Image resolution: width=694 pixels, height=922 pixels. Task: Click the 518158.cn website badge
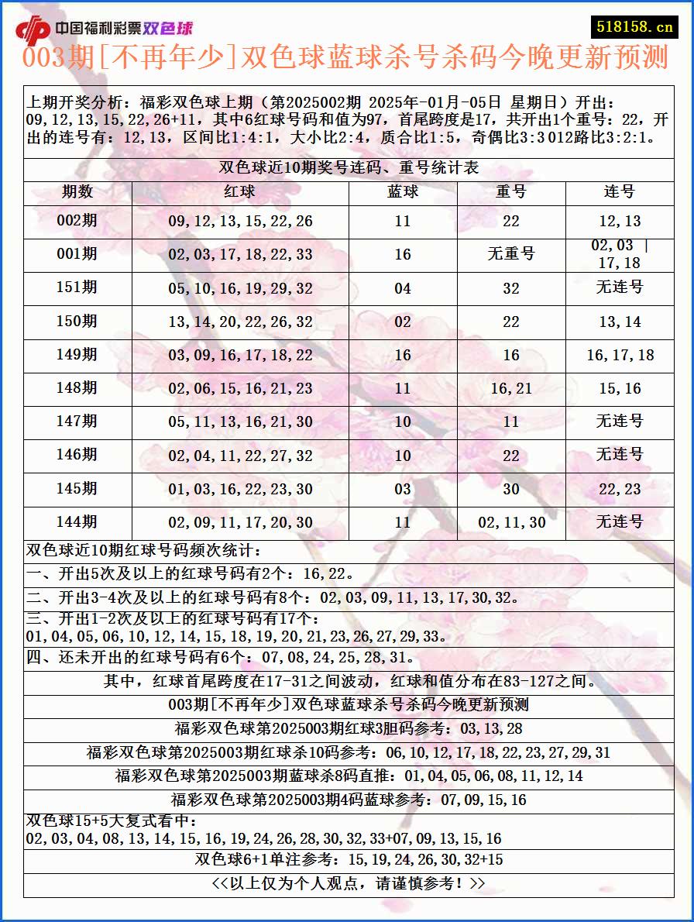pos(633,26)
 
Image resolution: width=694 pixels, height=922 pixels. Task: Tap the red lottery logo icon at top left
pos(33,29)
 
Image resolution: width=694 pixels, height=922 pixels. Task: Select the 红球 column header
pos(239,192)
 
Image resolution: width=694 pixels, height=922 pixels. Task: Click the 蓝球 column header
pos(403,192)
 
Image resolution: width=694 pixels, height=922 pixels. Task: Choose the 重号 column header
pos(511,192)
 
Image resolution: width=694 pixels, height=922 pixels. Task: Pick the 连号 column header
pos(620,192)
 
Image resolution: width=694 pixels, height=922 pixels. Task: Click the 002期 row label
pos(77,221)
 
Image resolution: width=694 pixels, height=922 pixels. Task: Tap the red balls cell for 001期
pos(240,255)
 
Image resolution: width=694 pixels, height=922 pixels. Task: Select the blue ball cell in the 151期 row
pos(403,288)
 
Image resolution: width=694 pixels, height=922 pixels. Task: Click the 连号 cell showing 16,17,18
pos(620,356)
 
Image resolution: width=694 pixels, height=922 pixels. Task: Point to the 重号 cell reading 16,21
pos(511,389)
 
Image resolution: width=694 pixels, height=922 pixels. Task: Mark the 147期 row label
pos(77,421)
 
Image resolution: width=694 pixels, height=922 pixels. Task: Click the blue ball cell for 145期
pos(403,489)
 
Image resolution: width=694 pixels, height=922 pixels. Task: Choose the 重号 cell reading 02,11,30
pos(511,523)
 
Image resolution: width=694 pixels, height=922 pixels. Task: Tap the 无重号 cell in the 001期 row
pos(511,254)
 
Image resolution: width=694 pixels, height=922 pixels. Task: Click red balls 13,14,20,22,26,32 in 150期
pos(240,322)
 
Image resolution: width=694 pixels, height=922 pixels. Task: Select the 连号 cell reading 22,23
pos(620,489)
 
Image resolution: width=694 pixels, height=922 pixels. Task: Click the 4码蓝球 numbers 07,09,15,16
pos(483,800)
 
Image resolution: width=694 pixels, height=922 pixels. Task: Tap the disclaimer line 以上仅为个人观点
pos(349,884)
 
